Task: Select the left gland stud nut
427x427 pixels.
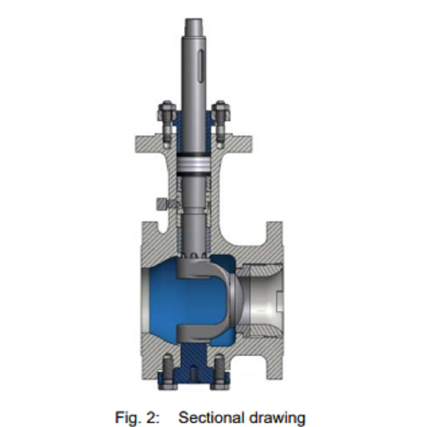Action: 166,108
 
